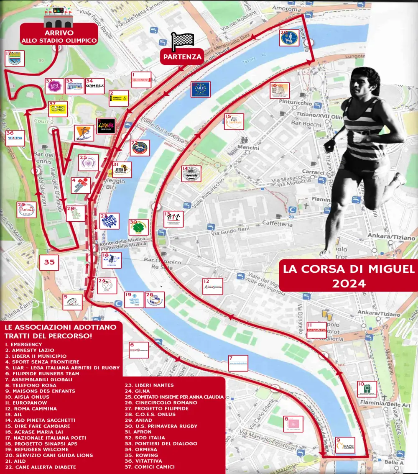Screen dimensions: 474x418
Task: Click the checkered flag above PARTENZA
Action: [x=183, y=41]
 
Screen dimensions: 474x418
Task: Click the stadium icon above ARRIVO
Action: [x=59, y=18]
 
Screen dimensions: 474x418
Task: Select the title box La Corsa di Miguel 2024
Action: [x=349, y=274]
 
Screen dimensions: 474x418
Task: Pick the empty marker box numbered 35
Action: [x=49, y=262]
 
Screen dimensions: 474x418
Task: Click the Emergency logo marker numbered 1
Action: [x=141, y=79]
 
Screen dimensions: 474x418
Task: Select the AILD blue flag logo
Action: [x=200, y=89]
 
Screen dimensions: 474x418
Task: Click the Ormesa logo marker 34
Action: [x=94, y=86]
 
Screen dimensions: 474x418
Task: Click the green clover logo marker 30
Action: [x=139, y=227]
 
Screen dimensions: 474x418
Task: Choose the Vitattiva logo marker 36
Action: [x=15, y=138]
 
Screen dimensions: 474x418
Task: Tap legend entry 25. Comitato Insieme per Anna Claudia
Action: [x=175, y=397]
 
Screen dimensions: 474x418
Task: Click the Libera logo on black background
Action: [x=106, y=126]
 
